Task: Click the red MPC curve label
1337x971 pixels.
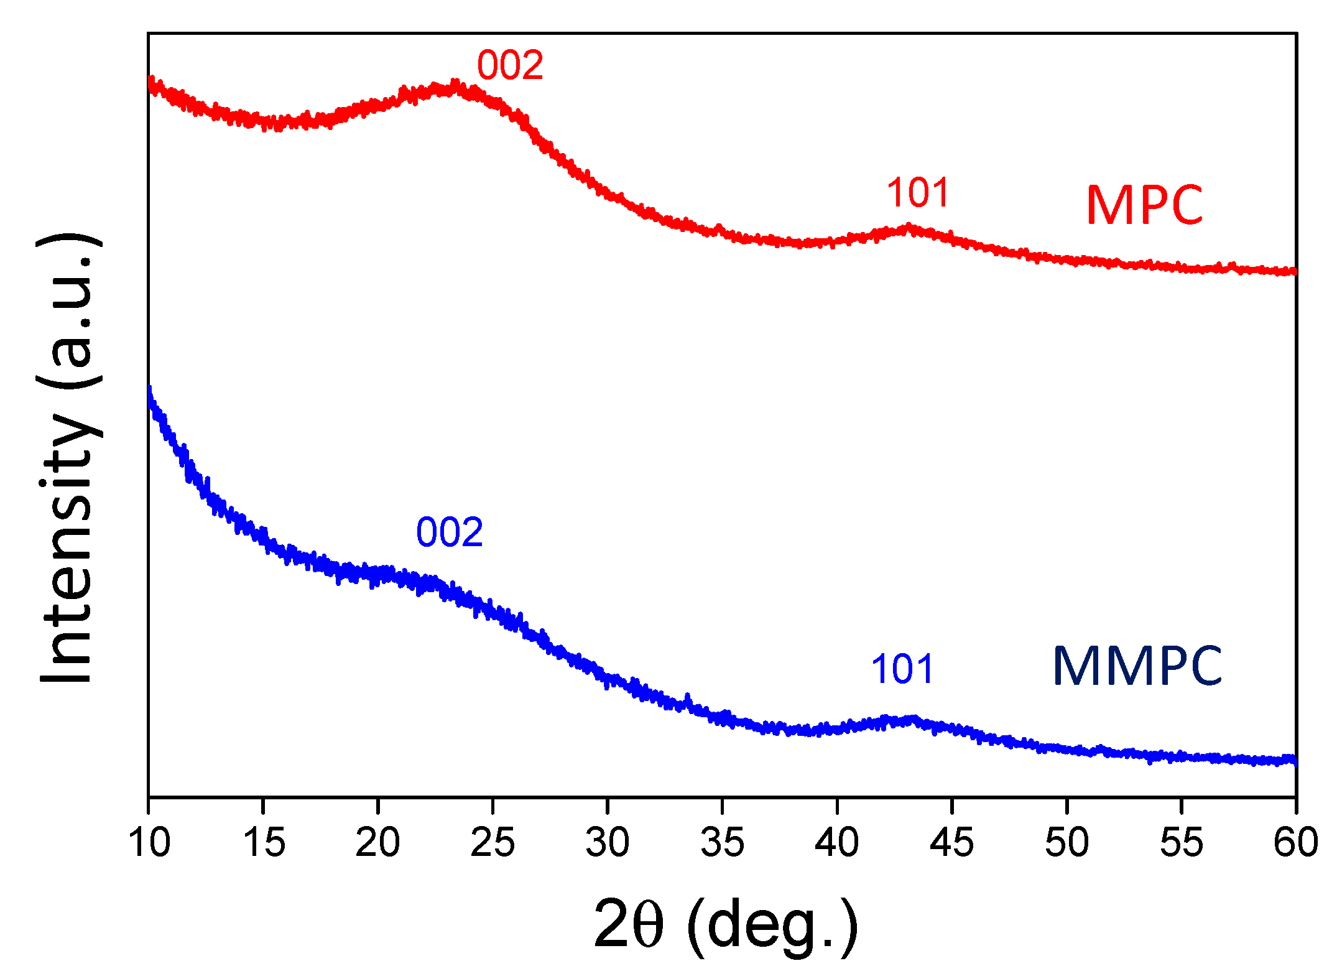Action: click(x=1144, y=205)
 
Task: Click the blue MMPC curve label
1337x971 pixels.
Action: click(x=1137, y=666)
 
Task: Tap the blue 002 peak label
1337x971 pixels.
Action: click(x=449, y=532)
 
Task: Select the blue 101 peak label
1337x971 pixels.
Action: click(x=902, y=669)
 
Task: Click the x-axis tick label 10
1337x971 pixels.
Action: click(x=149, y=843)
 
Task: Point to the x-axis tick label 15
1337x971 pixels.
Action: click(x=264, y=843)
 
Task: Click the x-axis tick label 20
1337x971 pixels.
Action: click(x=377, y=843)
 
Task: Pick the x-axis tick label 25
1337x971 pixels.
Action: click(x=493, y=843)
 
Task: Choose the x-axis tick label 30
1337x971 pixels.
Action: click(x=608, y=843)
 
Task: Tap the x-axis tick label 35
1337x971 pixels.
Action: click(x=722, y=843)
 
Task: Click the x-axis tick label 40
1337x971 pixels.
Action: click(x=837, y=843)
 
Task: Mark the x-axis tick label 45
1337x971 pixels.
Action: click(x=951, y=843)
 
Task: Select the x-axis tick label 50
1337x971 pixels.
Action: click(x=1066, y=843)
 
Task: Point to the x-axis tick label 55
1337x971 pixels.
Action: click(x=1182, y=843)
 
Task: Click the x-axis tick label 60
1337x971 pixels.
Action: click(x=1295, y=843)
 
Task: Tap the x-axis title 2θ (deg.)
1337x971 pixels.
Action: click(x=725, y=925)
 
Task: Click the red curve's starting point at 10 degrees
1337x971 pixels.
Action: click(x=150, y=83)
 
